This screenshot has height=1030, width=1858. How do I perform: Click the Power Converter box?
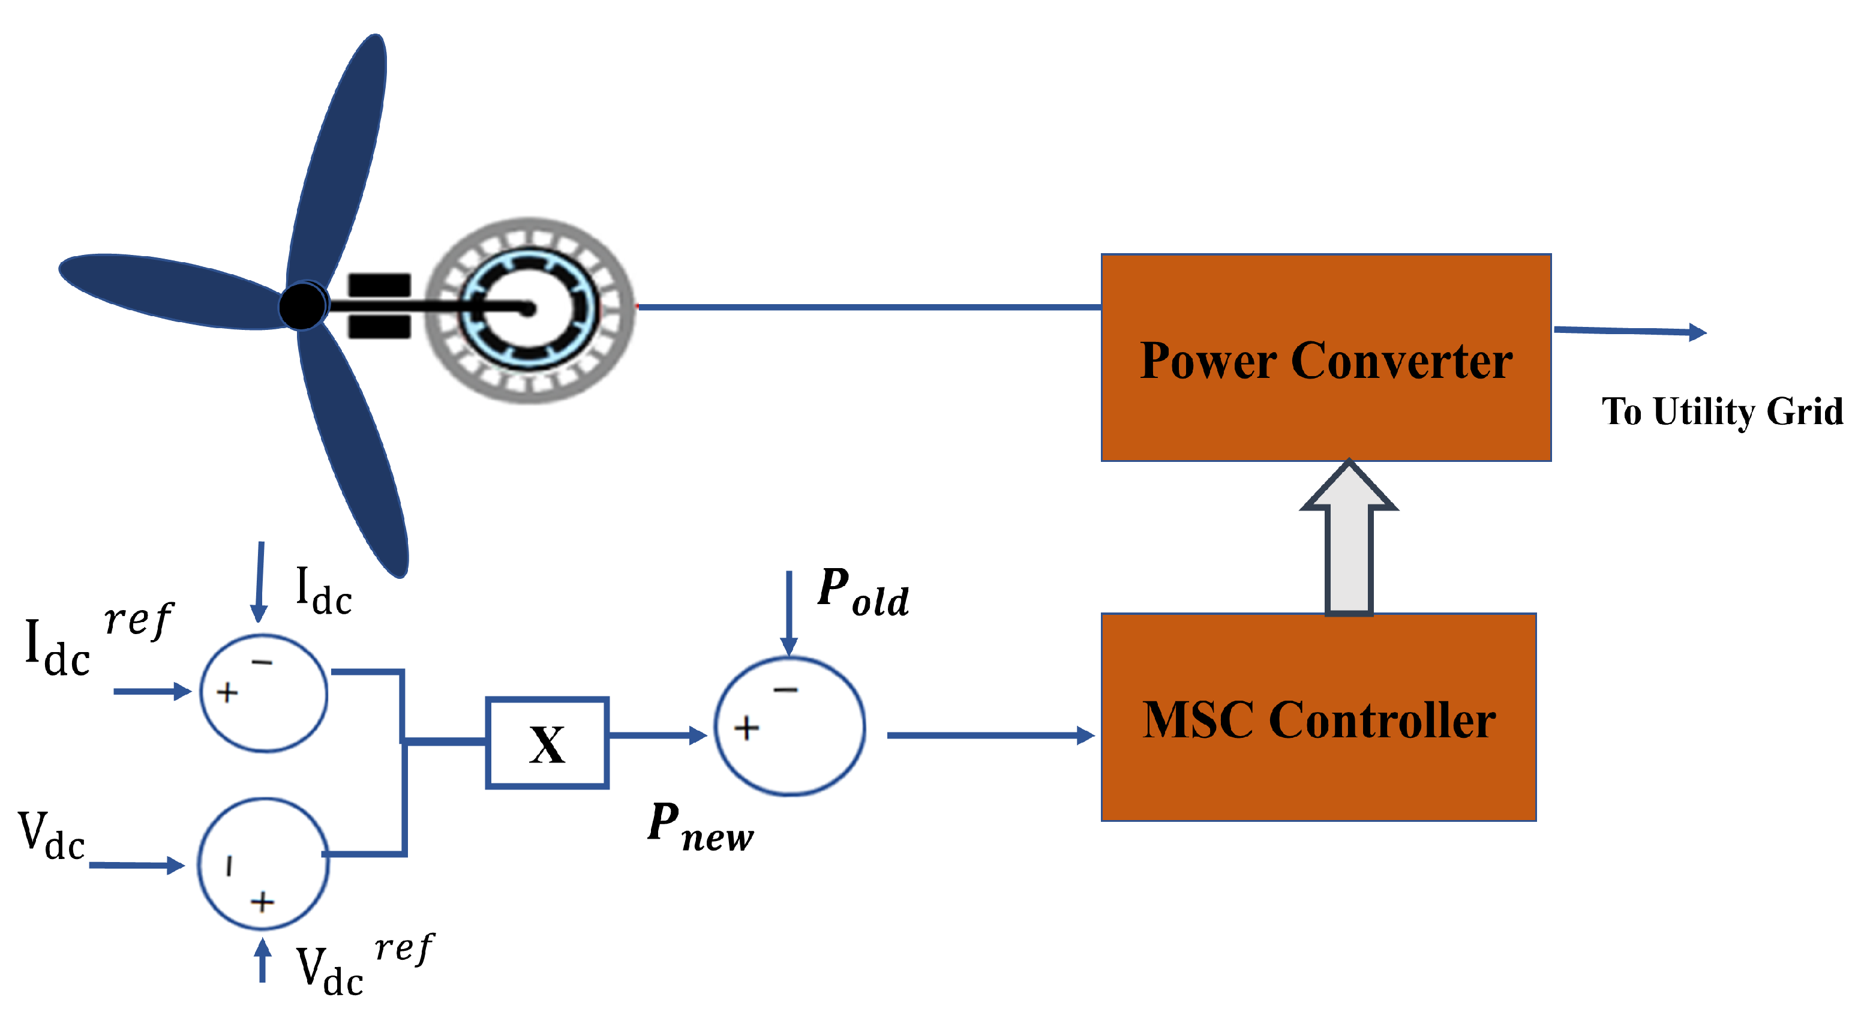[x=1326, y=358]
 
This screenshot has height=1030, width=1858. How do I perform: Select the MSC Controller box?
[x=1318, y=717]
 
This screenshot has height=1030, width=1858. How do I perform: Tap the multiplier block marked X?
[x=547, y=743]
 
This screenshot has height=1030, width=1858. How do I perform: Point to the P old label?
[x=863, y=593]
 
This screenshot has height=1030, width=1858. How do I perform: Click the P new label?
[x=700, y=828]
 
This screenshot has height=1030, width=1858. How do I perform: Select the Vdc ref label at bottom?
[x=364, y=966]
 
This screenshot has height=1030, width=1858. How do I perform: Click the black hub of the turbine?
[x=302, y=306]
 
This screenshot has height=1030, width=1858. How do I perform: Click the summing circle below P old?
[x=790, y=727]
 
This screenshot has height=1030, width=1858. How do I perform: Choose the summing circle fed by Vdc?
[x=263, y=864]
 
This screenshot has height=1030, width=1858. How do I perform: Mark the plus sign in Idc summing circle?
[x=227, y=692]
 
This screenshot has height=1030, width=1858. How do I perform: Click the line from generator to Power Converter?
[x=866, y=307]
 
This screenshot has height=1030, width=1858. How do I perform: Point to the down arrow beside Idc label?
[x=260, y=581]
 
